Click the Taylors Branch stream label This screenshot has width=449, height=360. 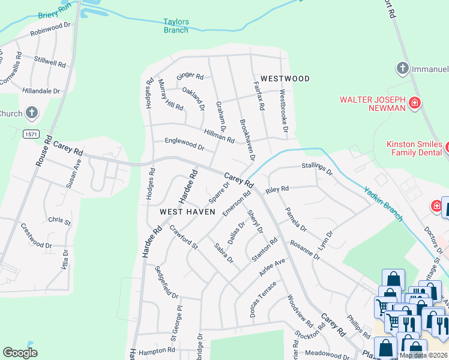point(176,26)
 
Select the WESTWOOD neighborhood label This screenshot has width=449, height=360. point(285,79)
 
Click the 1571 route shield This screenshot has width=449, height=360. point(32,134)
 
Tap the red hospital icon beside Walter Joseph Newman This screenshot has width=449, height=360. point(414,104)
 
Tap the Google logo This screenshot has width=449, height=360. point(20,353)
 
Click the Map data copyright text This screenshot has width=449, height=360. point(424,355)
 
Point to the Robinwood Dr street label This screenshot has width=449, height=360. point(50,31)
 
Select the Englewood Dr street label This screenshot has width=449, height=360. point(185,144)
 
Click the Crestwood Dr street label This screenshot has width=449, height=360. point(36,236)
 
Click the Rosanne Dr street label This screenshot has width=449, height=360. point(305,250)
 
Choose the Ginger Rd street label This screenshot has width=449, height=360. point(190,77)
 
